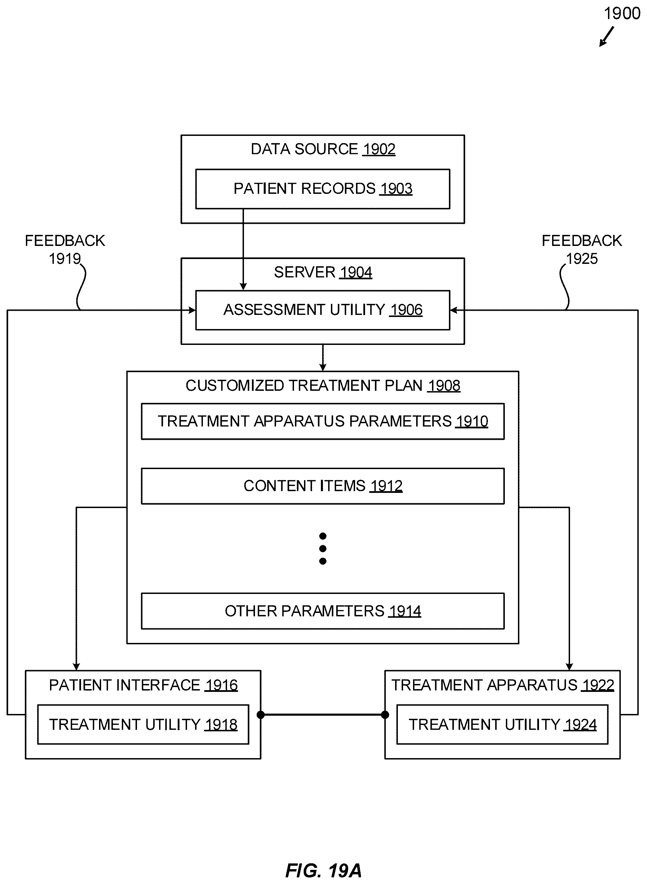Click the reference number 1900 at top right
coord(622,14)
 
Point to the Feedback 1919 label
coord(65,249)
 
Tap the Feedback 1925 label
coord(581,249)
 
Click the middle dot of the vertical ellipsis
coord(323,548)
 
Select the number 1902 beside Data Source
coord(379,149)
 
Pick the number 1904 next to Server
coord(356,272)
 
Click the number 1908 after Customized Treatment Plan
coord(444,386)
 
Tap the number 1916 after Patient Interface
coord(221,685)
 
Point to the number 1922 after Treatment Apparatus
coord(598,685)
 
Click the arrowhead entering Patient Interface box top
coord(76,667)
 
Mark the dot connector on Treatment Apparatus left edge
coord(385,715)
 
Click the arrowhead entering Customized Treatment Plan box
coord(323,367)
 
